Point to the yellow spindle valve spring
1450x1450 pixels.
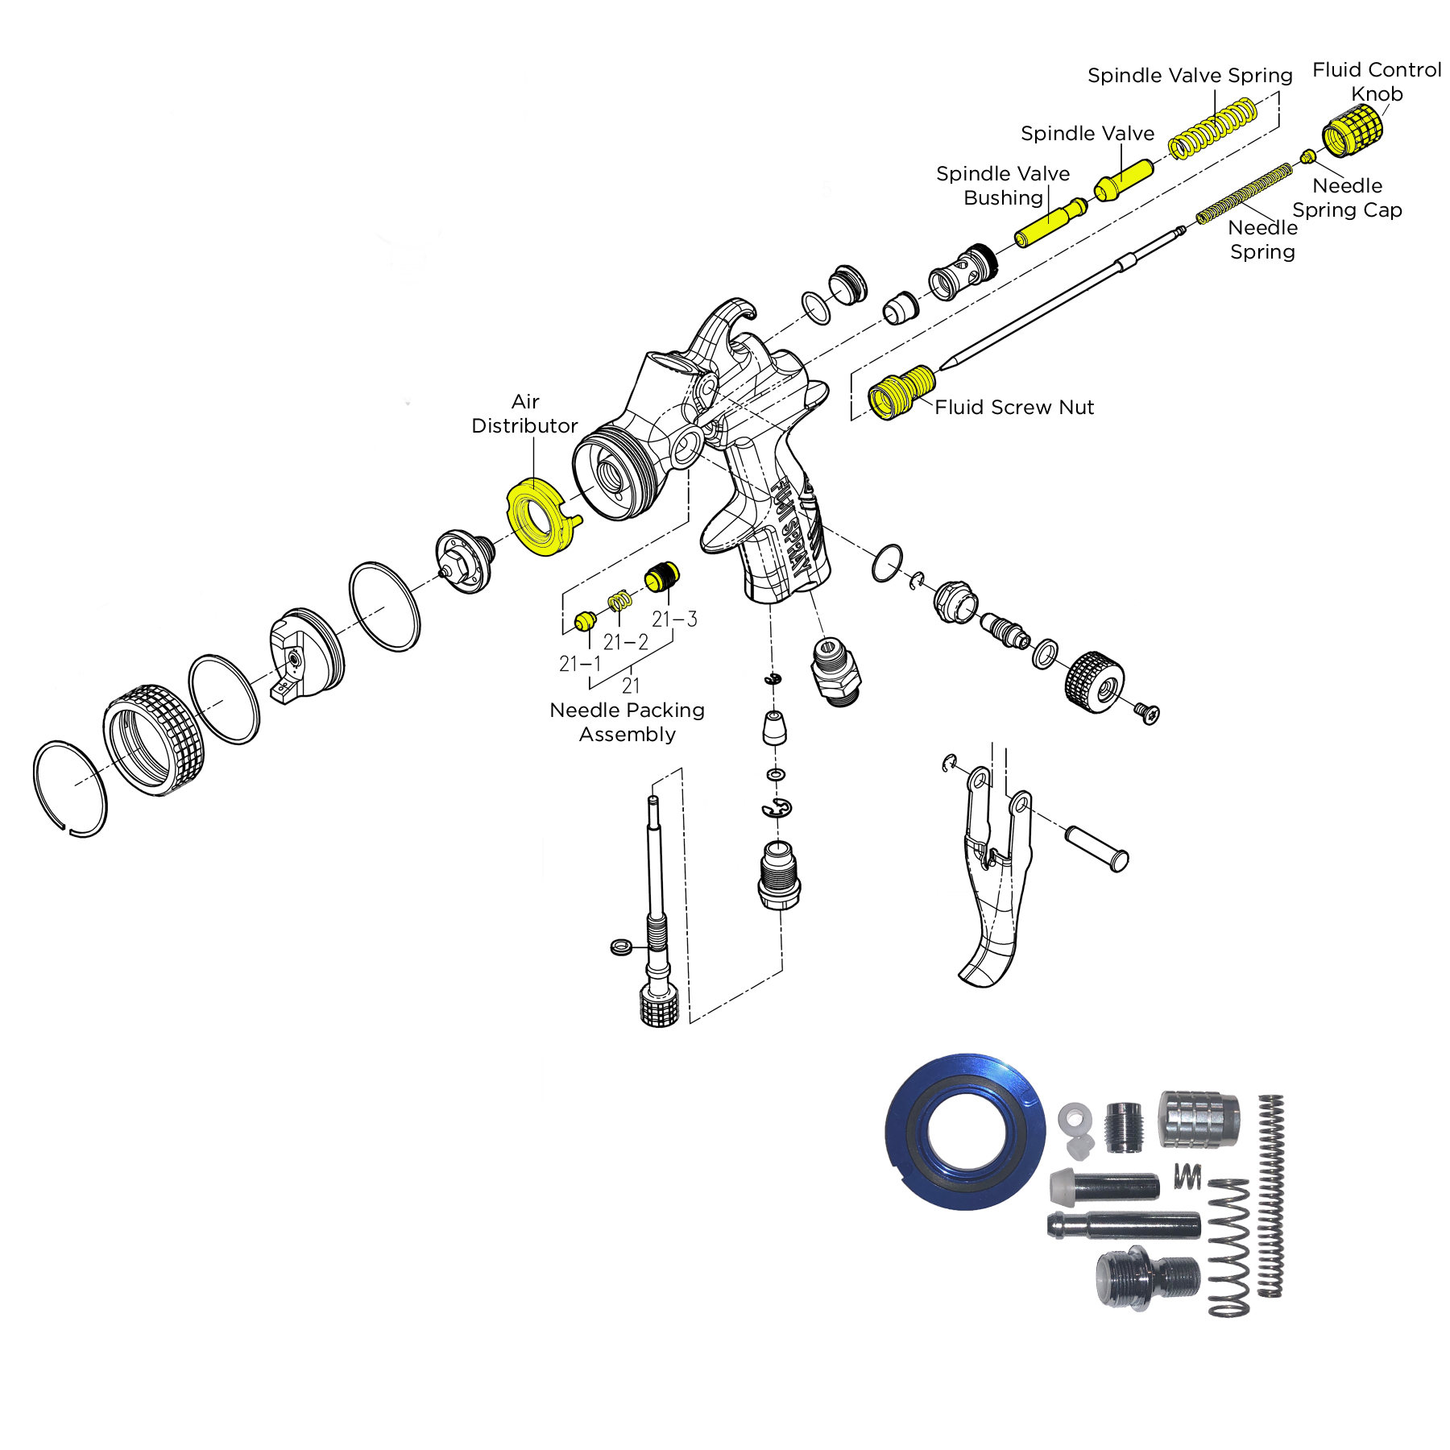coord(1212,127)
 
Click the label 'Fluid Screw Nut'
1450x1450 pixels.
coord(1013,408)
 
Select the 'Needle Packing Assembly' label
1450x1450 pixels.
coord(627,722)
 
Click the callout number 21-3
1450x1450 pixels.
coord(674,619)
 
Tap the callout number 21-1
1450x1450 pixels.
coord(580,664)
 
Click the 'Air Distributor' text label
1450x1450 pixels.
coord(524,413)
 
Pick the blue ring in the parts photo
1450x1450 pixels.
coord(964,1131)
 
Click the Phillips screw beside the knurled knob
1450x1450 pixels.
coord(1148,713)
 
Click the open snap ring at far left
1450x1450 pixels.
coord(70,789)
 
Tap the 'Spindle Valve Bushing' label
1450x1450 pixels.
coord(1003,185)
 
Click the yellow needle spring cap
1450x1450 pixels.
coord(1308,156)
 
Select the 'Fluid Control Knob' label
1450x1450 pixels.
coord(1377,81)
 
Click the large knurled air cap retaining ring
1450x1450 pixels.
coord(154,740)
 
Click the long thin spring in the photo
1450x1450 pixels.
coord(1270,1195)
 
